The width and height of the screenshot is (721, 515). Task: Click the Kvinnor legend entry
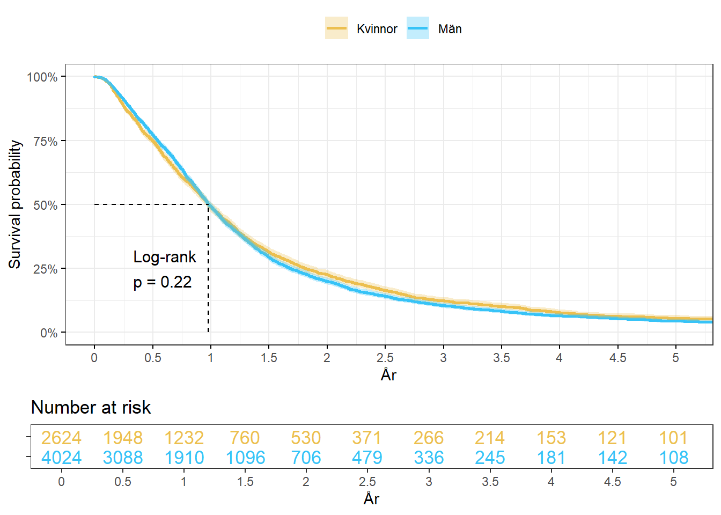(x=377, y=29)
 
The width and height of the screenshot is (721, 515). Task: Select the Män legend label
(x=450, y=29)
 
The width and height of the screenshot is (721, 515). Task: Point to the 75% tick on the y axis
(x=45, y=141)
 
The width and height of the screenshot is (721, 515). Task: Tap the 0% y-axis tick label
(x=49, y=333)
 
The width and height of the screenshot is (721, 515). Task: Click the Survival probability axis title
(x=15, y=204)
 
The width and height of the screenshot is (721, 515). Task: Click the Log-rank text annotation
(x=165, y=257)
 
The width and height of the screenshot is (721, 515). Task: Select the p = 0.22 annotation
(x=163, y=282)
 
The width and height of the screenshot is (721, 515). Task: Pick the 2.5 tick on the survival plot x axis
(x=385, y=358)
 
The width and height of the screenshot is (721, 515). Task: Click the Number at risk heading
(x=91, y=408)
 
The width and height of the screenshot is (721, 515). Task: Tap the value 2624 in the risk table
(x=61, y=438)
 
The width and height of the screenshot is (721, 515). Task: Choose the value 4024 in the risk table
(x=61, y=458)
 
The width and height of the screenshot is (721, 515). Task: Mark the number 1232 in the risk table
(x=184, y=438)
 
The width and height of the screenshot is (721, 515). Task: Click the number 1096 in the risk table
(x=245, y=458)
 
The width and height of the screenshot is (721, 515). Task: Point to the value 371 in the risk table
(x=367, y=438)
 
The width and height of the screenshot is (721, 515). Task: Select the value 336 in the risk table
(x=429, y=458)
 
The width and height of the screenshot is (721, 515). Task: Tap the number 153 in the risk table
(x=551, y=438)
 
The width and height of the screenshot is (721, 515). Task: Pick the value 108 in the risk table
(x=673, y=458)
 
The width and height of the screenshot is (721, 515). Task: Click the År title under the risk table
(x=371, y=499)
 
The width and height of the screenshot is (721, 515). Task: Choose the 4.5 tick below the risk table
(x=612, y=482)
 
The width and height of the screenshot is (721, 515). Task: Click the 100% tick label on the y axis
(x=42, y=77)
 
